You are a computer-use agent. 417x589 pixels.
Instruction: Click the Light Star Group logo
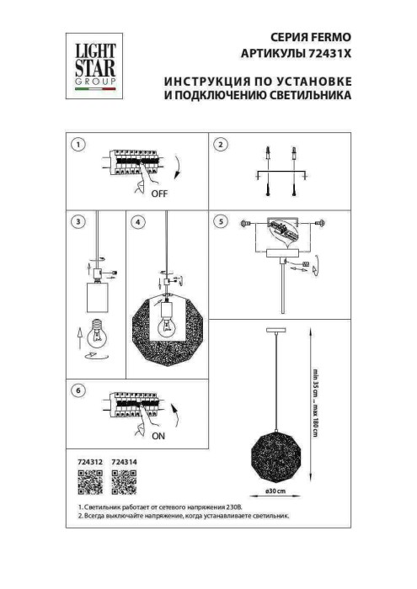[92, 61]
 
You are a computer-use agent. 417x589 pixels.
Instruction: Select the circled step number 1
[78, 145]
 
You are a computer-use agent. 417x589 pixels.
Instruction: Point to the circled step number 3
[78, 222]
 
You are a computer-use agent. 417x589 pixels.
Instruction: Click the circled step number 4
[137, 222]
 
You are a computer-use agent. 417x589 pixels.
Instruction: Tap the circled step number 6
[78, 391]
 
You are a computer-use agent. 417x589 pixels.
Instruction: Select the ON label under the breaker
[158, 438]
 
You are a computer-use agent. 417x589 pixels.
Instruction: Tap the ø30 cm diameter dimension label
[278, 490]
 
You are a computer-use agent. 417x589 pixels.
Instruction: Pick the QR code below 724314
[124, 482]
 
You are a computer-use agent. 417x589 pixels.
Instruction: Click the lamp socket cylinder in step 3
[99, 296]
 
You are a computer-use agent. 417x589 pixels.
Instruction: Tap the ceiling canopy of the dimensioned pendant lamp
[278, 329]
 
